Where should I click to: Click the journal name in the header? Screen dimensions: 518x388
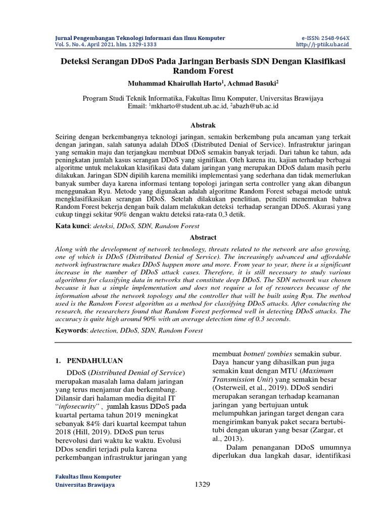pyautogui.click(x=140, y=38)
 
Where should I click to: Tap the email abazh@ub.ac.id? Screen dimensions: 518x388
pyautogui.click(x=257, y=106)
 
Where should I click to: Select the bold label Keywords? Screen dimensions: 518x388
pyautogui.click(x=71, y=330)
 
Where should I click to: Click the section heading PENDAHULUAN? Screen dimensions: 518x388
pyautogui.click(x=95, y=361)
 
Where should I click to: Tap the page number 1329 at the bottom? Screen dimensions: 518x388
pyautogui.click(x=202, y=485)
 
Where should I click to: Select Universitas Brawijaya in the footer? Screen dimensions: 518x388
pyautogui.click(x=84, y=485)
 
